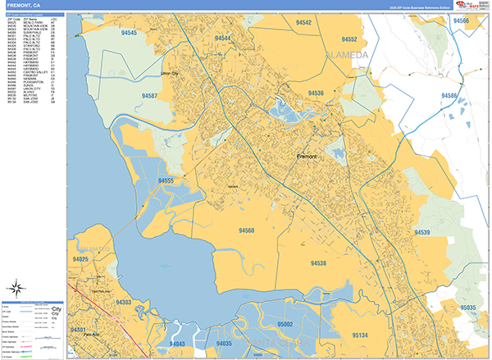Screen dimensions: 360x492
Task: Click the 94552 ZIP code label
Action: click(x=349, y=39)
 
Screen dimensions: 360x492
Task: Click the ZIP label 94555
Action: click(x=167, y=180)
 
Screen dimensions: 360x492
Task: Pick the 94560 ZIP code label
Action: click(x=246, y=230)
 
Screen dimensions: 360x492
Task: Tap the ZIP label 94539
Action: click(x=423, y=233)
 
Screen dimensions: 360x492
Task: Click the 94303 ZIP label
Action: click(x=125, y=303)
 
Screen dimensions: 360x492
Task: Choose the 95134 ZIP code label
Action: click(x=359, y=335)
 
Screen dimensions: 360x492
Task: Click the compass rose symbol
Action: click(x=16, y=286)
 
